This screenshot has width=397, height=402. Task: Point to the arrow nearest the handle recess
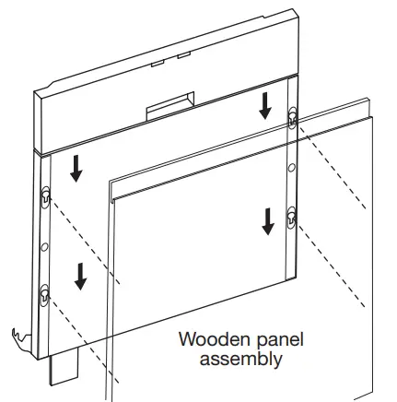pyautogui.click(x=265, y=106)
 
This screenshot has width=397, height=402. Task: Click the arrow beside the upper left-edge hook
pyautogui.click(x=74, y=166)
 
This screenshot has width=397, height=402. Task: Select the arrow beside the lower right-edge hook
pyautogui.click(x=267, y=220)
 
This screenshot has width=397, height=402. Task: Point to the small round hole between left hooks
pyautogui.click(x=43, y=245)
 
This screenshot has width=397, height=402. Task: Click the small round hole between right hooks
pyautogui.click(x=292, y=168)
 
